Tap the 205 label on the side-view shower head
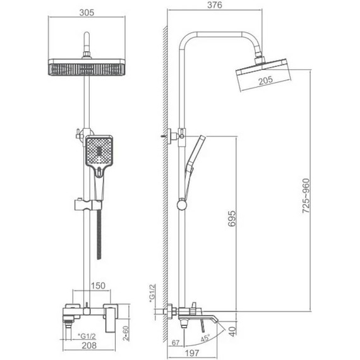tap(266, 79)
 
